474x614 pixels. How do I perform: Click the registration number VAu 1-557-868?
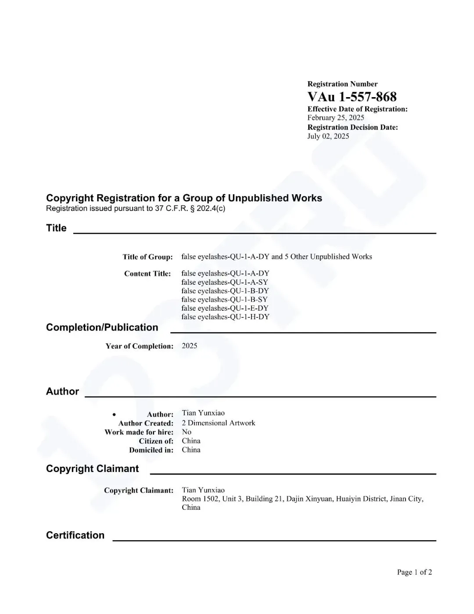coord(352,97)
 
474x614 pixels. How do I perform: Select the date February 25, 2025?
coord(336,118)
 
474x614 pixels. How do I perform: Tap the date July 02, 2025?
coord(328,136)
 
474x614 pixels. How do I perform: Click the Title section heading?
coord(56,228)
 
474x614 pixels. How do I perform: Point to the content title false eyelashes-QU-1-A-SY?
coord(225,282)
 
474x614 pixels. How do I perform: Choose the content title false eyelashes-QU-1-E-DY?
coord(225,308)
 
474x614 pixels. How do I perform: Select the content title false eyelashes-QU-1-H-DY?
coord(225,317)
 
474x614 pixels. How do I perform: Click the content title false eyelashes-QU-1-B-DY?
coord(225,291)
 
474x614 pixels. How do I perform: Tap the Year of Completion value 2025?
coord(190,346)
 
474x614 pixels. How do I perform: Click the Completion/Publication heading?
coord(102,327)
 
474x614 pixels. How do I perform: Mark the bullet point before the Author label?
coord(114,414)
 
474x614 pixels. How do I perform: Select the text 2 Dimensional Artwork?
coord(219,423)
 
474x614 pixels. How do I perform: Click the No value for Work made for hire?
coord(187,432)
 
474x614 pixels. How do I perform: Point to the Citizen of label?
coord(156,441)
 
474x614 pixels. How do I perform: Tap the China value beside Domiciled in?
coord(191,450)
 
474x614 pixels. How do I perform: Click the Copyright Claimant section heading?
coord(92,469)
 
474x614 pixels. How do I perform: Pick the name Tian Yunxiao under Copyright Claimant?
coord(203,490)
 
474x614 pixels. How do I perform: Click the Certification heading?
coord(75,535)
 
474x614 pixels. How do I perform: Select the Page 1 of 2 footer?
coord(414,572)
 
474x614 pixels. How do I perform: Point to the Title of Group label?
coord(147,257)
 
